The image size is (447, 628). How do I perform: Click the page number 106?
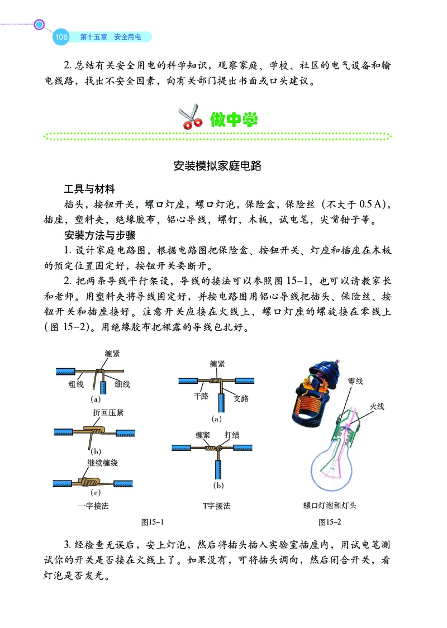coord(61,37)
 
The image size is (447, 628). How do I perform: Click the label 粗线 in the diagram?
coord(76,384)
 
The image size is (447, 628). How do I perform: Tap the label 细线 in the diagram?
coord(122,384)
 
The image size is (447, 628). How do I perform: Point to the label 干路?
coord(201,396)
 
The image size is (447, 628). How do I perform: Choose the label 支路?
coord(241,398)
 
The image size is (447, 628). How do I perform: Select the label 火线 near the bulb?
coord(377,406)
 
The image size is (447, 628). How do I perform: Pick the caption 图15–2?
coord(330,522)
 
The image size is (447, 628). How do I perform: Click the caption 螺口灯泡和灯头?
coord(330,506)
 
